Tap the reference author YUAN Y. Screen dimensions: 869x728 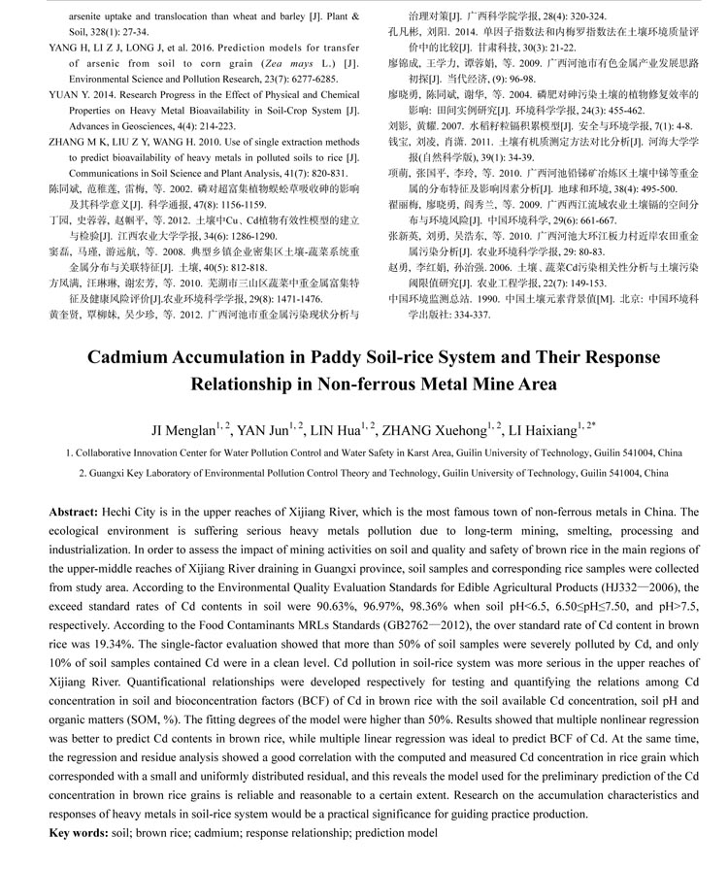coord(68,95)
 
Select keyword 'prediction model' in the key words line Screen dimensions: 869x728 coord(397,834)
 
